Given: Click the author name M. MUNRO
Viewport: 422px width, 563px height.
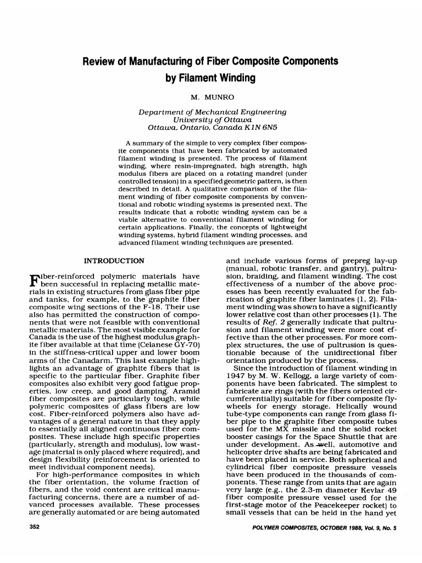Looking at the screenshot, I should (x=212, y=97).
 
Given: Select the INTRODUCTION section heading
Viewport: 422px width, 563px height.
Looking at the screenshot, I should (x=114, y=260).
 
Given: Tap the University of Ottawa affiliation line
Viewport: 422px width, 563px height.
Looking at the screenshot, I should (x=212, y=119).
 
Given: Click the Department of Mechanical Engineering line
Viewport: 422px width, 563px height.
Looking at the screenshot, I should (x=212, y=112).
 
